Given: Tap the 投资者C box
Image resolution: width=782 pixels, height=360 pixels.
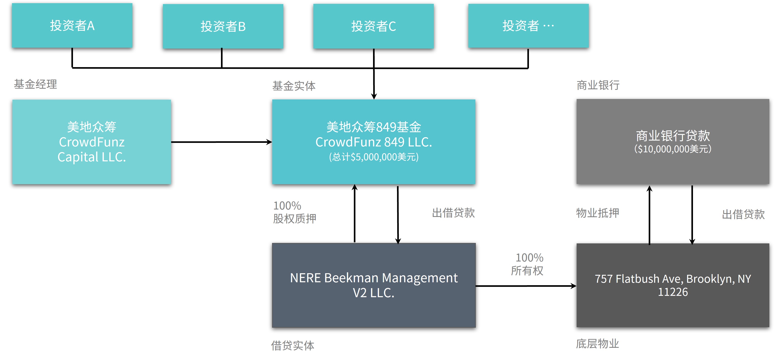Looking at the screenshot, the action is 374,26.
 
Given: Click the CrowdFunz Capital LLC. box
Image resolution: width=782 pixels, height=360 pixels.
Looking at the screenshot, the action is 92,142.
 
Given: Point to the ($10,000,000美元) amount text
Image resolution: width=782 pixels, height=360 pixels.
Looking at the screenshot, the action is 673,149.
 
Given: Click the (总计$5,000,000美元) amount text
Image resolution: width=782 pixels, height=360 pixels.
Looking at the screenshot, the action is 374,157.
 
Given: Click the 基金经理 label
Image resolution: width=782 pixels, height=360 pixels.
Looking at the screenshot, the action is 35,84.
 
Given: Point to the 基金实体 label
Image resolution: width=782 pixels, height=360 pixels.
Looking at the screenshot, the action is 294,86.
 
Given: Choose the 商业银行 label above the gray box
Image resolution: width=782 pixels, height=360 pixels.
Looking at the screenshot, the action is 598,85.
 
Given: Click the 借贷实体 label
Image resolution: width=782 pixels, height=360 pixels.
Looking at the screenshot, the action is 293,346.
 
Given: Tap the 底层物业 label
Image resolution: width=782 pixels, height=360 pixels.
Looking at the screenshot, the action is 597,344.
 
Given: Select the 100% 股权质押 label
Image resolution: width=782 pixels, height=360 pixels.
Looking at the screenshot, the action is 294,212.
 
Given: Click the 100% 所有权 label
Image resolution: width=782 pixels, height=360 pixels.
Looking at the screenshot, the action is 527,264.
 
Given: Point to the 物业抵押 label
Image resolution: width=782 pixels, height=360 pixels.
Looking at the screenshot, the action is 597,213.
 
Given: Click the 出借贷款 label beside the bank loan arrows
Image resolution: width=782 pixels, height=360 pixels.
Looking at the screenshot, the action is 743,214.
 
